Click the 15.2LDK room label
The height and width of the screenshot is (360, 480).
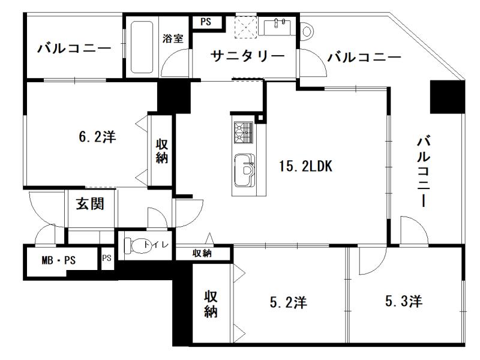tap(305, 166)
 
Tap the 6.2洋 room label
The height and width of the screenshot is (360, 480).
tap(97, 137)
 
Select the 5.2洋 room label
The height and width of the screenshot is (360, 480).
tap(288, 302)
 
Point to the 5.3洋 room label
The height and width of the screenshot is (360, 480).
tap(404, 301)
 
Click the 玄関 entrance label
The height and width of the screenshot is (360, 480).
tap(90, 203)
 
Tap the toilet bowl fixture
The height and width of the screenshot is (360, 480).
tap(134, 245)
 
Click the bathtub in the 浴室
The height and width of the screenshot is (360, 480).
tap(142, 47)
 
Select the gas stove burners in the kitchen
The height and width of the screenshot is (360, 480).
tap(244, 132)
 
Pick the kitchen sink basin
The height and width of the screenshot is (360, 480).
tap(244, 170)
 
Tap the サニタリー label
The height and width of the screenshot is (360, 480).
tap(248, 56)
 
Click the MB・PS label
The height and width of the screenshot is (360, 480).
tap(58, 260)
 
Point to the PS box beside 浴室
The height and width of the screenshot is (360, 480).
tap(206, 22)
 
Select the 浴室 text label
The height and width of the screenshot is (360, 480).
tap(173, 38)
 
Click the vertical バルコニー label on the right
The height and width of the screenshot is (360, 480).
tap(424, 172)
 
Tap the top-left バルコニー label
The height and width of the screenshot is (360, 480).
tap(74, 48)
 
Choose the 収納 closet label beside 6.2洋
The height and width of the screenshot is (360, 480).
tap(162, 151)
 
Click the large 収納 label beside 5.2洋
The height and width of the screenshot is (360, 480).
tap(211, 304)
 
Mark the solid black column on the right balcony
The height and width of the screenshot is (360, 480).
tap(447, 97)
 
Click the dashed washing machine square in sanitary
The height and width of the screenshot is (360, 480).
tap(245, 27)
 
